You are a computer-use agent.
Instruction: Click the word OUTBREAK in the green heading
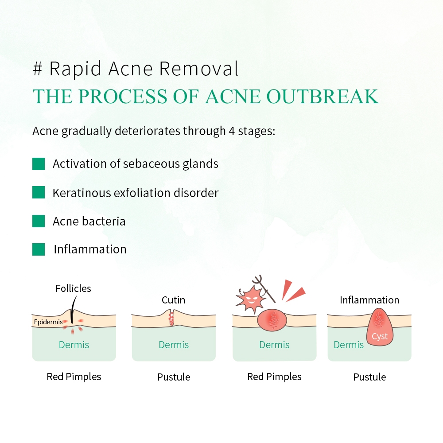[x=323, y=96]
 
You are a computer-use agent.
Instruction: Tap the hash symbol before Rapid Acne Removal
[x=38, y=69]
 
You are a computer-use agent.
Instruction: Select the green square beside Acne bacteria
[x=39, y=221]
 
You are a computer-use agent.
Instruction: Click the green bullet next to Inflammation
[x=39, y=249]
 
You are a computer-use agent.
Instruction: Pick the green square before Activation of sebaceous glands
[x=39, y=164]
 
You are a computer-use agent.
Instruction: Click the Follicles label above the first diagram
[x=73, y=288]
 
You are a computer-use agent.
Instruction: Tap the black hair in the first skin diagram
[x=74, y=309]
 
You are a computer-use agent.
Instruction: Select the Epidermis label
[x=48, y=322]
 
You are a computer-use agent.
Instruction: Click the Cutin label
[x=174, y=300]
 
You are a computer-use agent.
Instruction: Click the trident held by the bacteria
[x=264, y=288]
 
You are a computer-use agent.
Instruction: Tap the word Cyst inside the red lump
[x=380, y=336]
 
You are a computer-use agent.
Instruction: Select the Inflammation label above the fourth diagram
[x=369, y=300]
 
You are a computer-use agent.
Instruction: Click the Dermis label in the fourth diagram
[x=349, y=345]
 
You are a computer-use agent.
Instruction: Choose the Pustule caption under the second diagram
[x=174, y=377]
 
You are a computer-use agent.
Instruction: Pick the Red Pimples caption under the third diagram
[x=274, y=377]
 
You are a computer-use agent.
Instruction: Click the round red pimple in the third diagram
[x=272, y=320]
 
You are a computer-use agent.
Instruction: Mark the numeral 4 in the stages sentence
[x=232, y=131]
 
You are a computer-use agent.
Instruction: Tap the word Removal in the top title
[x=199, y=69]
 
